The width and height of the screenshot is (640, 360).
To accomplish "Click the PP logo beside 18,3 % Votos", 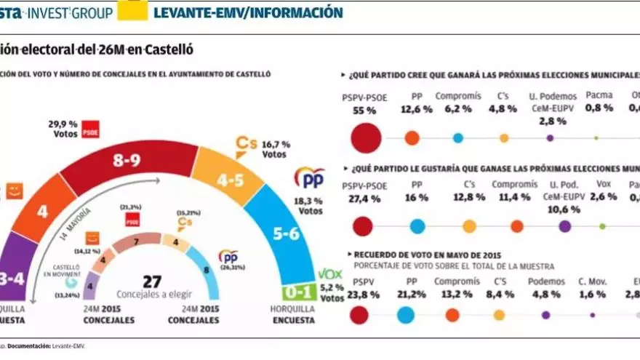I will point(309,178).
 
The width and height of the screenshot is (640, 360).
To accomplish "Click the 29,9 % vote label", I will point(63,124).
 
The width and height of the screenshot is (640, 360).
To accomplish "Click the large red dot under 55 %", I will point(366,137).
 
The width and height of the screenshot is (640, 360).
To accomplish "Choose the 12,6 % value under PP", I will point(417,109).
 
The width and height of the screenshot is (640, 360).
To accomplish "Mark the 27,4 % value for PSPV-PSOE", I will point(365,199).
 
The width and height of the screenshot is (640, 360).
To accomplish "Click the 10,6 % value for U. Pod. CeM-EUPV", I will point(564,209).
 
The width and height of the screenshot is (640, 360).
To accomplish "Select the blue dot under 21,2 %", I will point(407,314).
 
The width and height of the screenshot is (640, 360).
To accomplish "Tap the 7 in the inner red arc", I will point(135,241).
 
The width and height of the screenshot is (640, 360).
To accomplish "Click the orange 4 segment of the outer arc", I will point(42,212).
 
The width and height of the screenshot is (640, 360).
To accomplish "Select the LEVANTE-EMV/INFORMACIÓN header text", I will point(249,12).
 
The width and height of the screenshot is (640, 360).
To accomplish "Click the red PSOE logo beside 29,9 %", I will point(90,129).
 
